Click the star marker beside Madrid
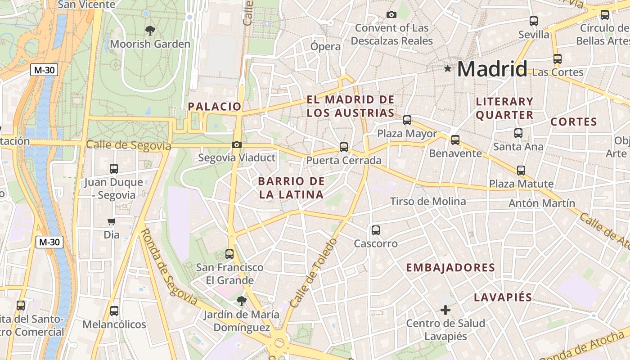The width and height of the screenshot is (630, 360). pyautogui.click(x=447, y=69)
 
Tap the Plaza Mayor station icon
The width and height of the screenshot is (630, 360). pyautogui.click(x=407, y=120)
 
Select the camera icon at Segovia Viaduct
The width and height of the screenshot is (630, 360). pyautogui.click(x=236, y=144)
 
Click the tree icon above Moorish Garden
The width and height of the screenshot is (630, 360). pyautogui.click(x=150, y=31)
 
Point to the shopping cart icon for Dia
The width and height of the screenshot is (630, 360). pyautogui.click(x=112, y=221)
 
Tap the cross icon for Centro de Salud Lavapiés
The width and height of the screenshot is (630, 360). pyautogui.click(x=445, y=310)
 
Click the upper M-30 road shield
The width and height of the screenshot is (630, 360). pyautogui.click(x=44, y=70)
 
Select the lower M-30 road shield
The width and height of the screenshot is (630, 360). pyautogui.click(x=49, y=242)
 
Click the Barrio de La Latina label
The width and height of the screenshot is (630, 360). pyautogui.click(x=291, y=188)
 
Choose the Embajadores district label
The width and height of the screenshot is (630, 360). pyautogui.click(x=450, y=268)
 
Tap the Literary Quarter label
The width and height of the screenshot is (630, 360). pyautogui.click(x=504, y=108)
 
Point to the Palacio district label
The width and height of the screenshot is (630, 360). pyautogui.click(x=215, y=107)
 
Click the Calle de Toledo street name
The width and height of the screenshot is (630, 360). pyautogui.click(x=314, y=273)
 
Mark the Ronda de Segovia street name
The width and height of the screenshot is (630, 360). pyautogui.click(x=168, y=267)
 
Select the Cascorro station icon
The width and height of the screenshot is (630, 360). pyautogui.click(x=376, y=230)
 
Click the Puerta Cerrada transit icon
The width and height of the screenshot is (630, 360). pyautogui.click(x=344, y=147)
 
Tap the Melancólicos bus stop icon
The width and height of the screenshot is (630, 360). pyautogui.click(x=114, y=311)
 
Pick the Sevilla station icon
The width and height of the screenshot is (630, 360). pyautogui.click(x=534, y=21)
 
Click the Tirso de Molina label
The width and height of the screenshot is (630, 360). pyautogui.click(x=427, y=201)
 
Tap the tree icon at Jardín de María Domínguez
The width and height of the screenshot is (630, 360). pyautogui.click(x=242, y=301)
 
